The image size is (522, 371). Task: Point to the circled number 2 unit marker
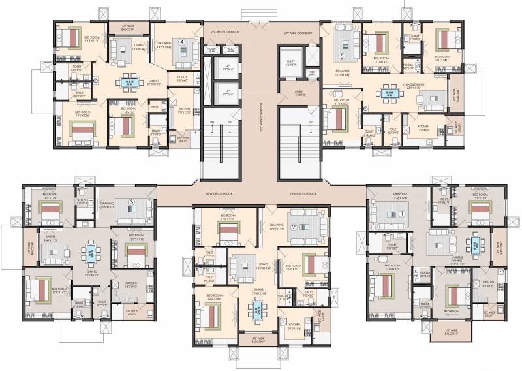coord(294,227)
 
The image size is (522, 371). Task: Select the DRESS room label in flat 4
coord(155,106)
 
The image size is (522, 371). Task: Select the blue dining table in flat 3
coord(91,251)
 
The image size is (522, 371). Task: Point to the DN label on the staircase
coord(212,122)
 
